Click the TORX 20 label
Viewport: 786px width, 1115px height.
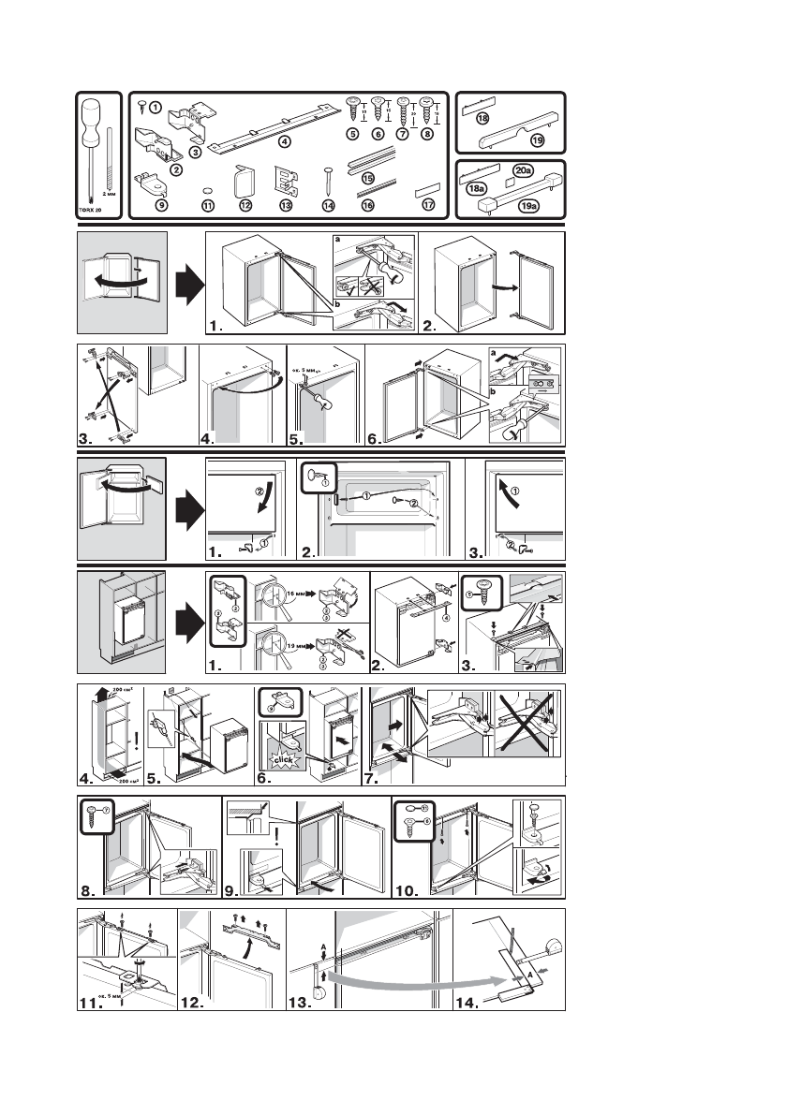[x=91, y=212]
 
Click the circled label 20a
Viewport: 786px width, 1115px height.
[x=525, y=171]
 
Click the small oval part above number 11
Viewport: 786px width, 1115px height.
[x=208, y=189]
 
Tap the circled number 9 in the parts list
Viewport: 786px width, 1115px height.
[x=161, y=204]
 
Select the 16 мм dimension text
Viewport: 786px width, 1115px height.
[x=303, y=619]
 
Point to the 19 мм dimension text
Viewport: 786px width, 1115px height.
[x=303, y=647]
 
